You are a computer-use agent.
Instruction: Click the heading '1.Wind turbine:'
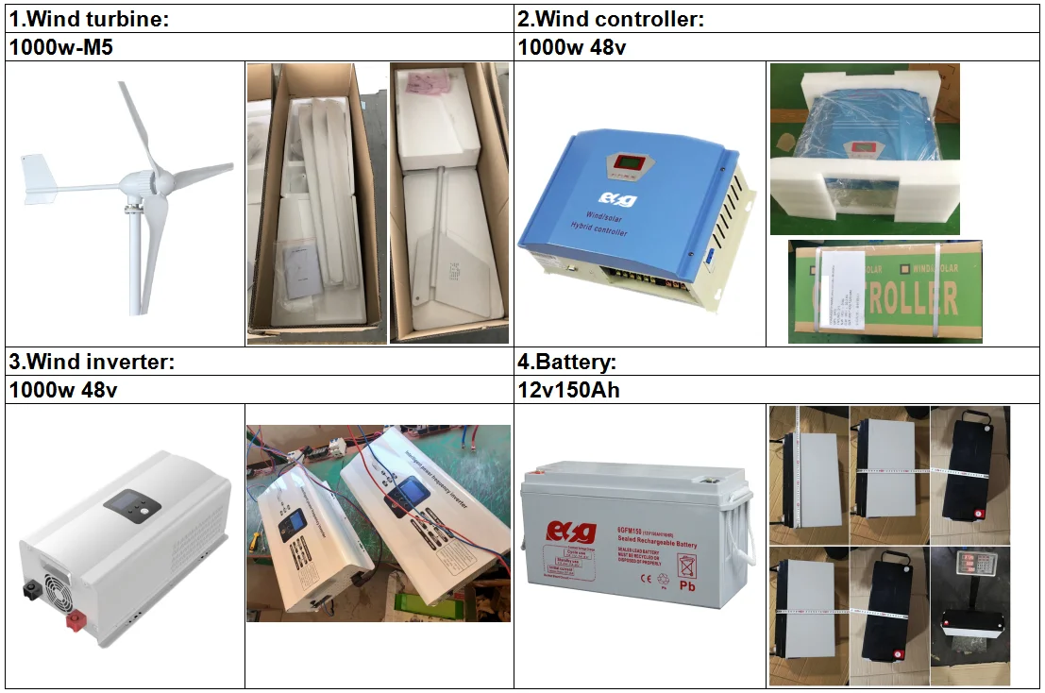90,19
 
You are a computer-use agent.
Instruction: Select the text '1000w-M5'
60,47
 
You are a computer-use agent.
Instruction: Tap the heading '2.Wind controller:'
612,19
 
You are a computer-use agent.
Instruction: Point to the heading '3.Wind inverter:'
92,362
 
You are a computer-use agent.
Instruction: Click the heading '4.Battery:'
566,362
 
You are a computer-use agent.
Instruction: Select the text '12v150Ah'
569,389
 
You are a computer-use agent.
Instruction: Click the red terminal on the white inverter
73,621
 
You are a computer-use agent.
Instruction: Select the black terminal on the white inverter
30,591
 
